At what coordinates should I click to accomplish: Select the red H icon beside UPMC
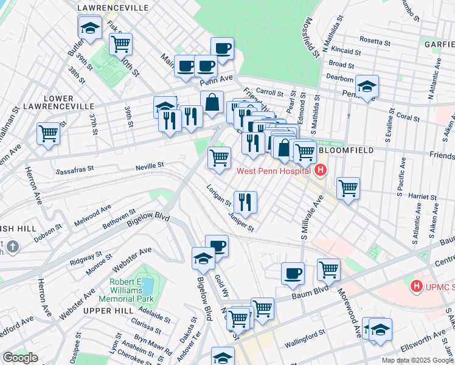point(417,285)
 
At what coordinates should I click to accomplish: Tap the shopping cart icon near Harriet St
point(348,187)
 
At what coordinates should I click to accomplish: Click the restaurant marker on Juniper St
point(245,201)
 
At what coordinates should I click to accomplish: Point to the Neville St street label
point(153,165)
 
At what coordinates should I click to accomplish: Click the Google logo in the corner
point(20,358)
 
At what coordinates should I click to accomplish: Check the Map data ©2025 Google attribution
point(417,360)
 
